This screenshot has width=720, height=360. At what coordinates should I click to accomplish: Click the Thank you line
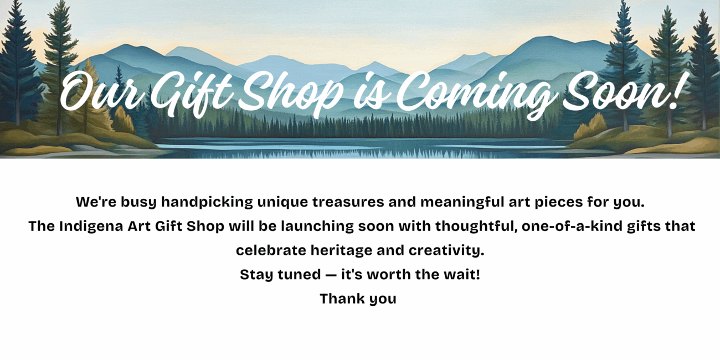pos(358,299)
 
